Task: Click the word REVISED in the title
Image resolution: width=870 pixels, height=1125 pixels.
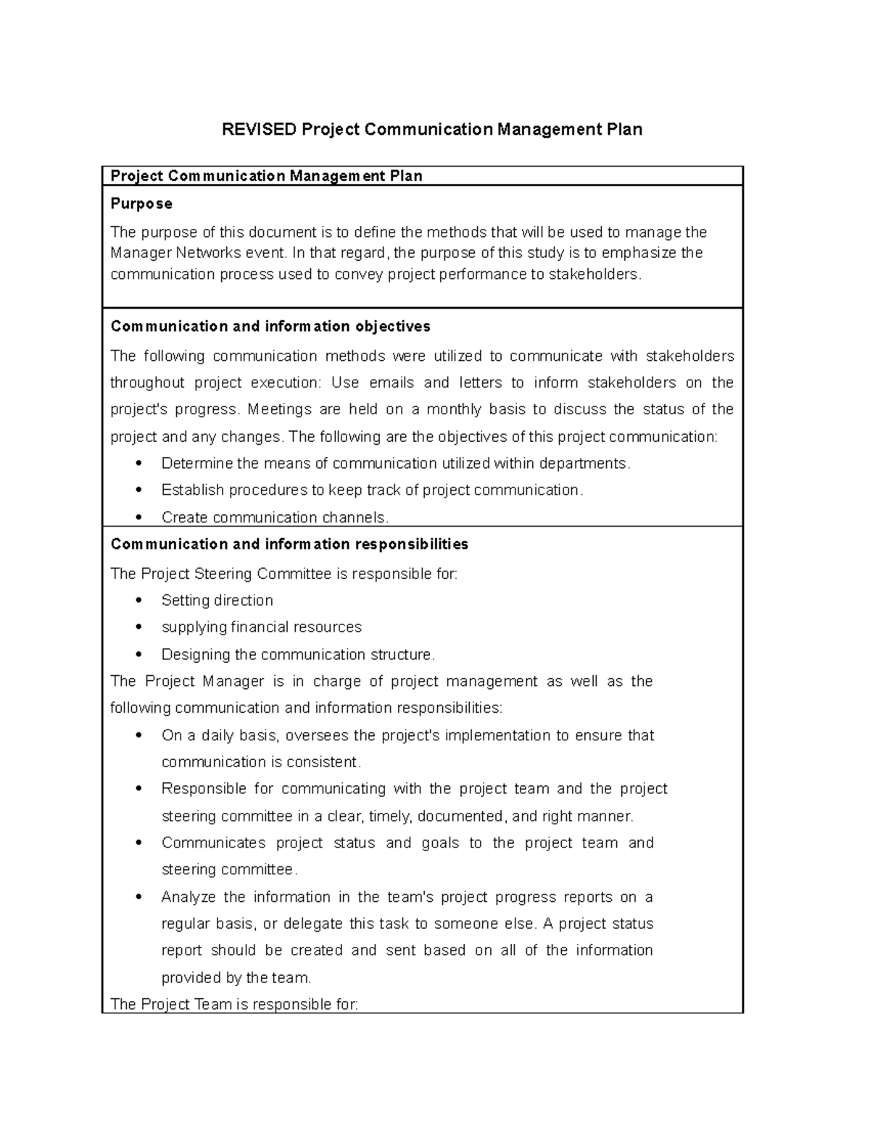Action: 259,130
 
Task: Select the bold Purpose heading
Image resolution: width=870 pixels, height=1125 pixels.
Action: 141,204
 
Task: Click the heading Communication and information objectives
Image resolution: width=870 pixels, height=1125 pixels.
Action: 270,327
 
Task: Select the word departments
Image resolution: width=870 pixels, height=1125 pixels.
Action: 585,464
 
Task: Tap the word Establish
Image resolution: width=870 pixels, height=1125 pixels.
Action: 193,490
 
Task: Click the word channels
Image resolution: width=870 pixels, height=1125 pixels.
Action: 355,517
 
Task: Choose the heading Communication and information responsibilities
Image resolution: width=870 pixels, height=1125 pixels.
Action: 289,544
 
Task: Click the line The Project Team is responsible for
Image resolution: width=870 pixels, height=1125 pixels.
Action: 233,1005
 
